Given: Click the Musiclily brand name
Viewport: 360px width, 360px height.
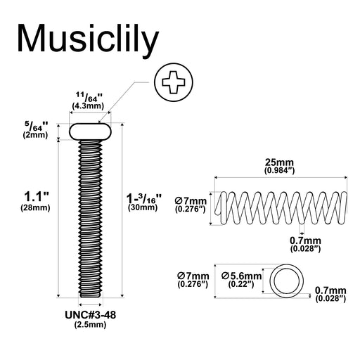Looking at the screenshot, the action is coord(88,39).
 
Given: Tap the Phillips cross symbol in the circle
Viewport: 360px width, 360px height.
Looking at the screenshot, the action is coord(174,82).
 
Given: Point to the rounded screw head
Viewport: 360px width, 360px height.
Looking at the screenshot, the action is coord(90,131).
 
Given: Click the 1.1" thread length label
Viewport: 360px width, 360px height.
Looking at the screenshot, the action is coord(36,196).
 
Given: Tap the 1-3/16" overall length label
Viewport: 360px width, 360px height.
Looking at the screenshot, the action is coord(144,198).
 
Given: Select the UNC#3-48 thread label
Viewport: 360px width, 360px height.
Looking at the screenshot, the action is coord(90,315).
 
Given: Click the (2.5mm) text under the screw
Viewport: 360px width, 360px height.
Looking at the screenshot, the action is coord(90,325).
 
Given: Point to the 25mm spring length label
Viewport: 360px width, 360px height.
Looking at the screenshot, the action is coord(279,162).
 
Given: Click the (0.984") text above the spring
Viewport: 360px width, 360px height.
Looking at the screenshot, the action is coord(279,170).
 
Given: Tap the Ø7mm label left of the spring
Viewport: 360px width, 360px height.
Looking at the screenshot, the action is coord(191,201).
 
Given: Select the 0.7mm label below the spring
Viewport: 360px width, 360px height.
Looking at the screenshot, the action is coord(305,240).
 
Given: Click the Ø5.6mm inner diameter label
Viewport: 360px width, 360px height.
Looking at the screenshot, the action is coord(241,276).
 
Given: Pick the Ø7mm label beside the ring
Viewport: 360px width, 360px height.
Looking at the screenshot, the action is coord(193,276).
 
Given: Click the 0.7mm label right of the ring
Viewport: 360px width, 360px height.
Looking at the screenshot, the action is coord(330,290).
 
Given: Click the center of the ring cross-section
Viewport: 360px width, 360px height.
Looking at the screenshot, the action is coord(286,281).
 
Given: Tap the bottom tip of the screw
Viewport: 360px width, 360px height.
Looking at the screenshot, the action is coord(91,297).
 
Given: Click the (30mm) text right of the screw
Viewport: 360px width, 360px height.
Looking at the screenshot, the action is coord(143,207).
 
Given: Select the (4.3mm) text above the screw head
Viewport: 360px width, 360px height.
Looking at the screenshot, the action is coord(88,106).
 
